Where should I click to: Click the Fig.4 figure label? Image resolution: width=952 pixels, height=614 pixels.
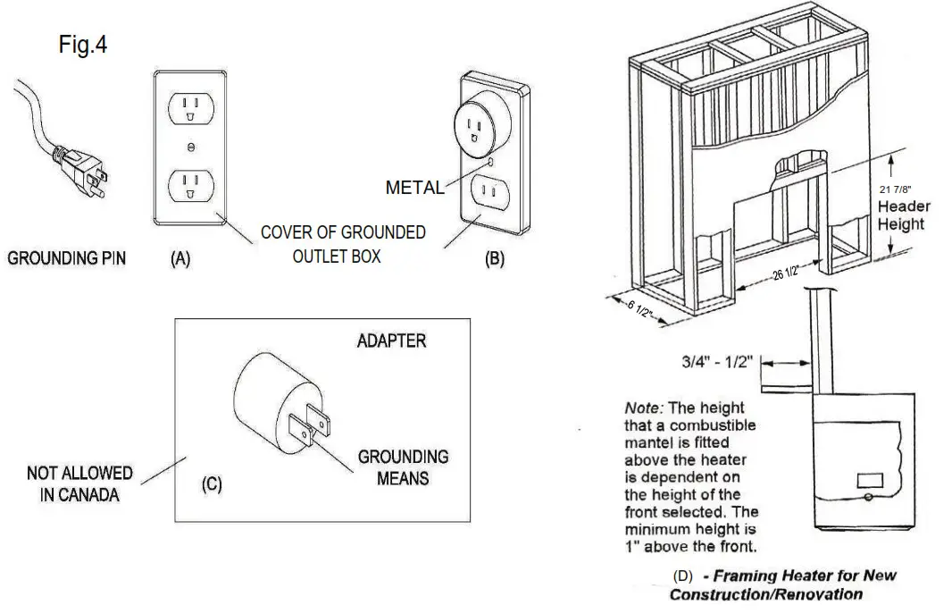coord(83,45)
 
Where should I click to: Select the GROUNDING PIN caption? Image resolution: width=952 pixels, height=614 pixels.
coord(67,258)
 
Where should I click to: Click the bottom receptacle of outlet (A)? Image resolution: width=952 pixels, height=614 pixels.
coord(189,184)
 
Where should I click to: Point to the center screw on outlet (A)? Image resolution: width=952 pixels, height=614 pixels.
coord(190,147)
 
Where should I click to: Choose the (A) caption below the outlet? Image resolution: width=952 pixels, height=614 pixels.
coord(180,259)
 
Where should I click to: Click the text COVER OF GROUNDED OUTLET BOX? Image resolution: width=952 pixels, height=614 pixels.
coord(343,244)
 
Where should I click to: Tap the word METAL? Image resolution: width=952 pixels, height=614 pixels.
coord(414,188)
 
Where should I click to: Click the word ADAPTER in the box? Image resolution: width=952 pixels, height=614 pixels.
coord(391,341)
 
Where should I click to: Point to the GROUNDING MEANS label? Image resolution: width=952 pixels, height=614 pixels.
coord(403,467)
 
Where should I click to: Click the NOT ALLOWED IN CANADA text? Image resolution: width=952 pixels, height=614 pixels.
coord(79,484)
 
